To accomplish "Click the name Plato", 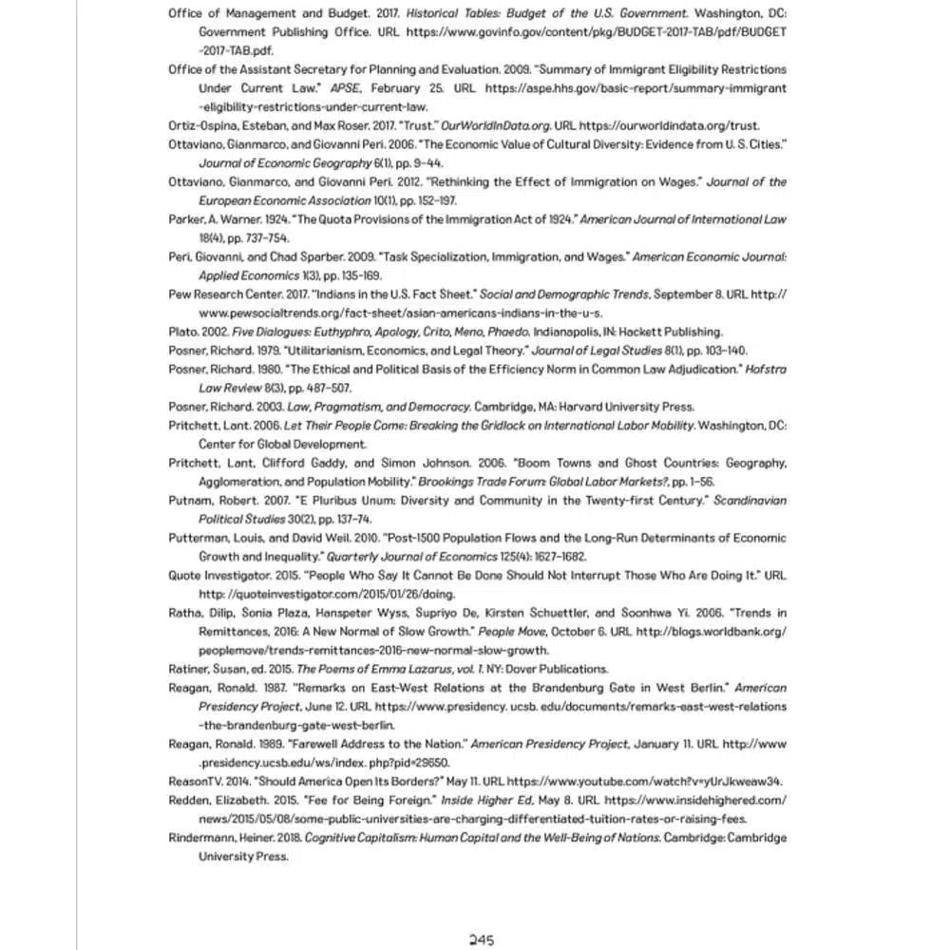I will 182,332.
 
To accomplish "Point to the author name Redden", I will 189,800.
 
